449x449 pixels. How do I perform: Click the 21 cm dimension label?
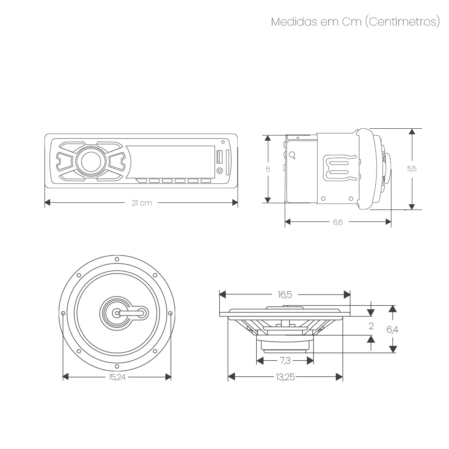pyautogui.click(x=141, y=203)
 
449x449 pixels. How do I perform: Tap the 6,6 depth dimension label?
pyautogui.click(x=337, y=222)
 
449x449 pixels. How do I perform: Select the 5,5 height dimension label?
pyautogui.click(x=412, y=169)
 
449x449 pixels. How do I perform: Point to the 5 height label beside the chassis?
pyautogui.click(x=268, y=169)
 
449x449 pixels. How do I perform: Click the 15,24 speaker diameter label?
pyautogui.click(x=117, y=377)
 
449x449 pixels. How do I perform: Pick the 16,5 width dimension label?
pyautogui.click(x=284, y=295)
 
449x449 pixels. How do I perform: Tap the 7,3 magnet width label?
pyautogui.click(x=285, y=361)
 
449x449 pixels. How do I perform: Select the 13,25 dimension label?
pyautogui.click(x=285, y=377)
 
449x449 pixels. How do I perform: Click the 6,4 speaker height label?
pyautogui.click(x=392, y=330)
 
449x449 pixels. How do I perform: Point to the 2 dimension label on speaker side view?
pyautogui.click(x=371, y=326)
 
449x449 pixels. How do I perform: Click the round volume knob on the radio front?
pyautogui.click(x=90, y=161)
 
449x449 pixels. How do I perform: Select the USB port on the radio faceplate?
pyautogui.click(x=219, y=156)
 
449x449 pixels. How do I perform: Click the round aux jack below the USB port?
pyautogui.click(x=220, y=171)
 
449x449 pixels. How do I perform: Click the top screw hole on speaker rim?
pyautogui.click(x=117, y=259)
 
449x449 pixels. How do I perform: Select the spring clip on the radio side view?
pyautogui.click(x=339, y=166)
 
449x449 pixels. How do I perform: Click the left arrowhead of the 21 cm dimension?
pyautogui.click(x=47, y=203)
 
